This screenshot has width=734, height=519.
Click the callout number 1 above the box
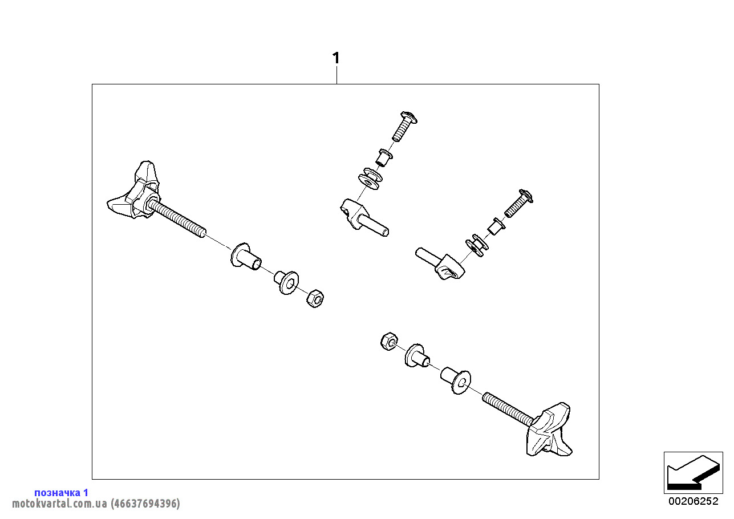click(x=336, y=58)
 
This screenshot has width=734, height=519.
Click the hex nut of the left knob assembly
click(x=315, y=298)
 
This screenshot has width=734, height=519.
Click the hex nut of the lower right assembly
click(x=390, y=342)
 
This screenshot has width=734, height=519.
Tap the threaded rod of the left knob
click(x=177, y=219)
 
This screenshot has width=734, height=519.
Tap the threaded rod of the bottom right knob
click(x=509, y=409)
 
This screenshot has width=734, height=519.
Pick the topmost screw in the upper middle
click(x=405, y=126)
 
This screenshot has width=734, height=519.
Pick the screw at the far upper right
click(x=518, y=203)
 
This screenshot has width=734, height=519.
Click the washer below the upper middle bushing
click(x=370, y=179)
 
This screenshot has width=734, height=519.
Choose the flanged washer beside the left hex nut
click(x=286, y=282)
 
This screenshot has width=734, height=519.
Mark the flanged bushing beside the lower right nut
click(x=417, y=356)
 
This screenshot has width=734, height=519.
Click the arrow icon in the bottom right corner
click(x=693, y=473)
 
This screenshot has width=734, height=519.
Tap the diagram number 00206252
click(x=694, y=501)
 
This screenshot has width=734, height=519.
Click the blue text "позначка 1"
click(x=61, y=493)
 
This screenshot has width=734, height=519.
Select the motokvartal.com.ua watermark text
click(x=96, y=504)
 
